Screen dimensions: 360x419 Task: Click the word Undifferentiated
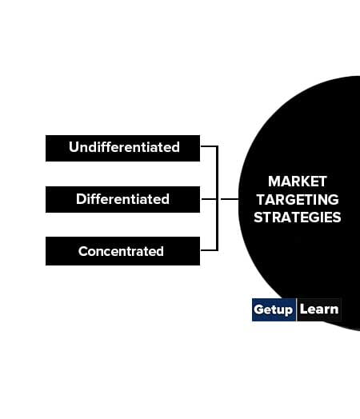pyautogui.click(x=124, y=147)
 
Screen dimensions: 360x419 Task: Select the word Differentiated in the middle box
pyautogui.click(x=122, y=199)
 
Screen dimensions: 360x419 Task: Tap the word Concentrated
pyautogui.click(x=121, y=251)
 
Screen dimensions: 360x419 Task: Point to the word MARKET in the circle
pyautogui.click(x=298, y=182)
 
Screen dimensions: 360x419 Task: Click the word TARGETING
pyautogui.click(x=298, y=200)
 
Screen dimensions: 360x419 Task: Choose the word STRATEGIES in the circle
pyautogui.click(x=298, y=217)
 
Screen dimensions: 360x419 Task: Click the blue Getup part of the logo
pyautogui.click(x=274, y=309)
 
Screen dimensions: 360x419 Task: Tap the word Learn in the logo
pyautogui.click(x=319, y=309)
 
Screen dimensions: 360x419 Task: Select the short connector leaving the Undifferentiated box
pyautogui.click(x=209, y=146)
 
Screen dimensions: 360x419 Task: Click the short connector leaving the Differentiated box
pyautogui.click(x=209, y=199)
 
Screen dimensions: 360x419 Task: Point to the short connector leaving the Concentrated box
pyautogui.click(x=209, y=250)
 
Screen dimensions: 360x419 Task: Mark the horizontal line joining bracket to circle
pyautogui.click(x=230, y=199)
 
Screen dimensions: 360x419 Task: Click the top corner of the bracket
pyautogui.click(x=218, y=146)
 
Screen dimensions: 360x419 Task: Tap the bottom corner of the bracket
pyautogui.click(x=218, y=250)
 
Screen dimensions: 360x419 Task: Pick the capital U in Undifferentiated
pyautogui.click(x=74, y=147)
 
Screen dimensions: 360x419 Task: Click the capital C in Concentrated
pyautogui.click(x=83, y=251)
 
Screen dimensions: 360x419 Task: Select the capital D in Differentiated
pyautogui.click(x=81, y=199)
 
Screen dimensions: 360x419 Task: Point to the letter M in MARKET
pyautogui.click(x=274, y=182)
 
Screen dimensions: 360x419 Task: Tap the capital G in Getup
pyautogui.click(x=259, y=309)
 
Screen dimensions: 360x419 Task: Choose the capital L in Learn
pyautogui.click(x=304, y=309)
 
